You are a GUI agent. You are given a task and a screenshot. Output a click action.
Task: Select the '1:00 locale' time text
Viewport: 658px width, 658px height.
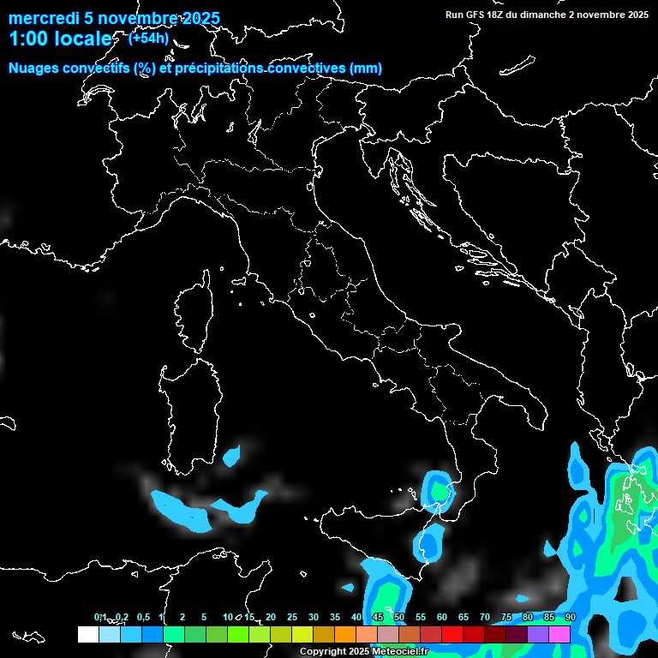point(60,39)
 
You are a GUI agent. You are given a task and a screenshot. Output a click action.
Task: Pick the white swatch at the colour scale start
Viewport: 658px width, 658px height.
point(87,634)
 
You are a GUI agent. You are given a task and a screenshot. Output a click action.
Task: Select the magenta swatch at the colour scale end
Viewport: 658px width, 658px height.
point(559,634)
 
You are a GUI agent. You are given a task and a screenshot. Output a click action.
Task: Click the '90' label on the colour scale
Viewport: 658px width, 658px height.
point(571,617)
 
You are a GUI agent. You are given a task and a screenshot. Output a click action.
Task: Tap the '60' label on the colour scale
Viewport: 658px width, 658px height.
point(442,617)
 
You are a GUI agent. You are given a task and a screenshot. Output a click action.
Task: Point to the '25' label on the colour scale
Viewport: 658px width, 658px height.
point(292,617)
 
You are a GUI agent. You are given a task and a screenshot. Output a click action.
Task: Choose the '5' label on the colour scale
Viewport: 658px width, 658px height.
point(204,617)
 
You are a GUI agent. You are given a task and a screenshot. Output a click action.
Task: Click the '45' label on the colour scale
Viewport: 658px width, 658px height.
point(378,617)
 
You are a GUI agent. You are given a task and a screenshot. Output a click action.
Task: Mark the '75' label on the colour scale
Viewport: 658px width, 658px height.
point(506,617)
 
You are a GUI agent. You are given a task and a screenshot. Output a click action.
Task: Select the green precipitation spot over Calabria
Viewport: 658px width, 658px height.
point(440,490)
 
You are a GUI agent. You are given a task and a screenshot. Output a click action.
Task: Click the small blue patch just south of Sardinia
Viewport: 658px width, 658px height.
point(231,457)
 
